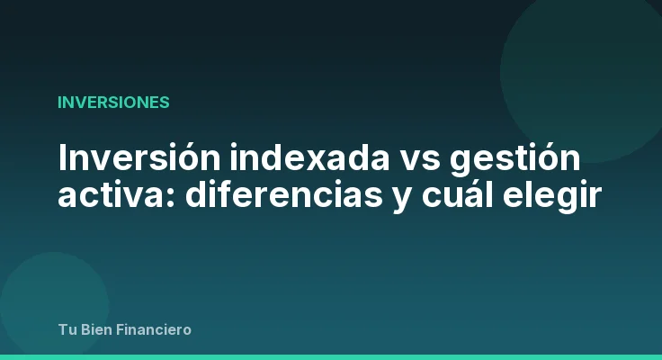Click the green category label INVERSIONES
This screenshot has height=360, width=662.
(x=113, y=102)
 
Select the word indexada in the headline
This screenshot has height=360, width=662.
(x=282, y=159)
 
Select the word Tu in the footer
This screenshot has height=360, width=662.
(x=67, y=329)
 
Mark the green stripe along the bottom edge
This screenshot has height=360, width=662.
(x=331, y=356)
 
